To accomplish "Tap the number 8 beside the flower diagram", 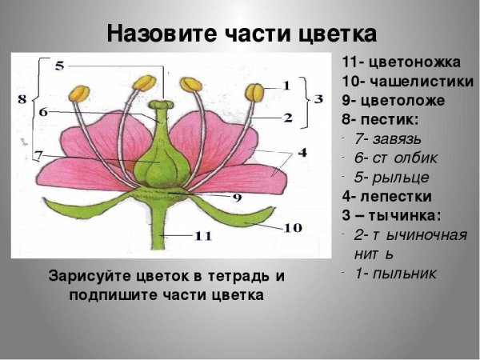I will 22,98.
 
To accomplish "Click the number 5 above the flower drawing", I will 59,66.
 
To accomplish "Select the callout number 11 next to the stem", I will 202,235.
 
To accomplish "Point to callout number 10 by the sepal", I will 293,228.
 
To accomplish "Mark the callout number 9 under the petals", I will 237,197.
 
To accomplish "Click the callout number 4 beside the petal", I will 302,151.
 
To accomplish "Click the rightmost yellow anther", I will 254,92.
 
